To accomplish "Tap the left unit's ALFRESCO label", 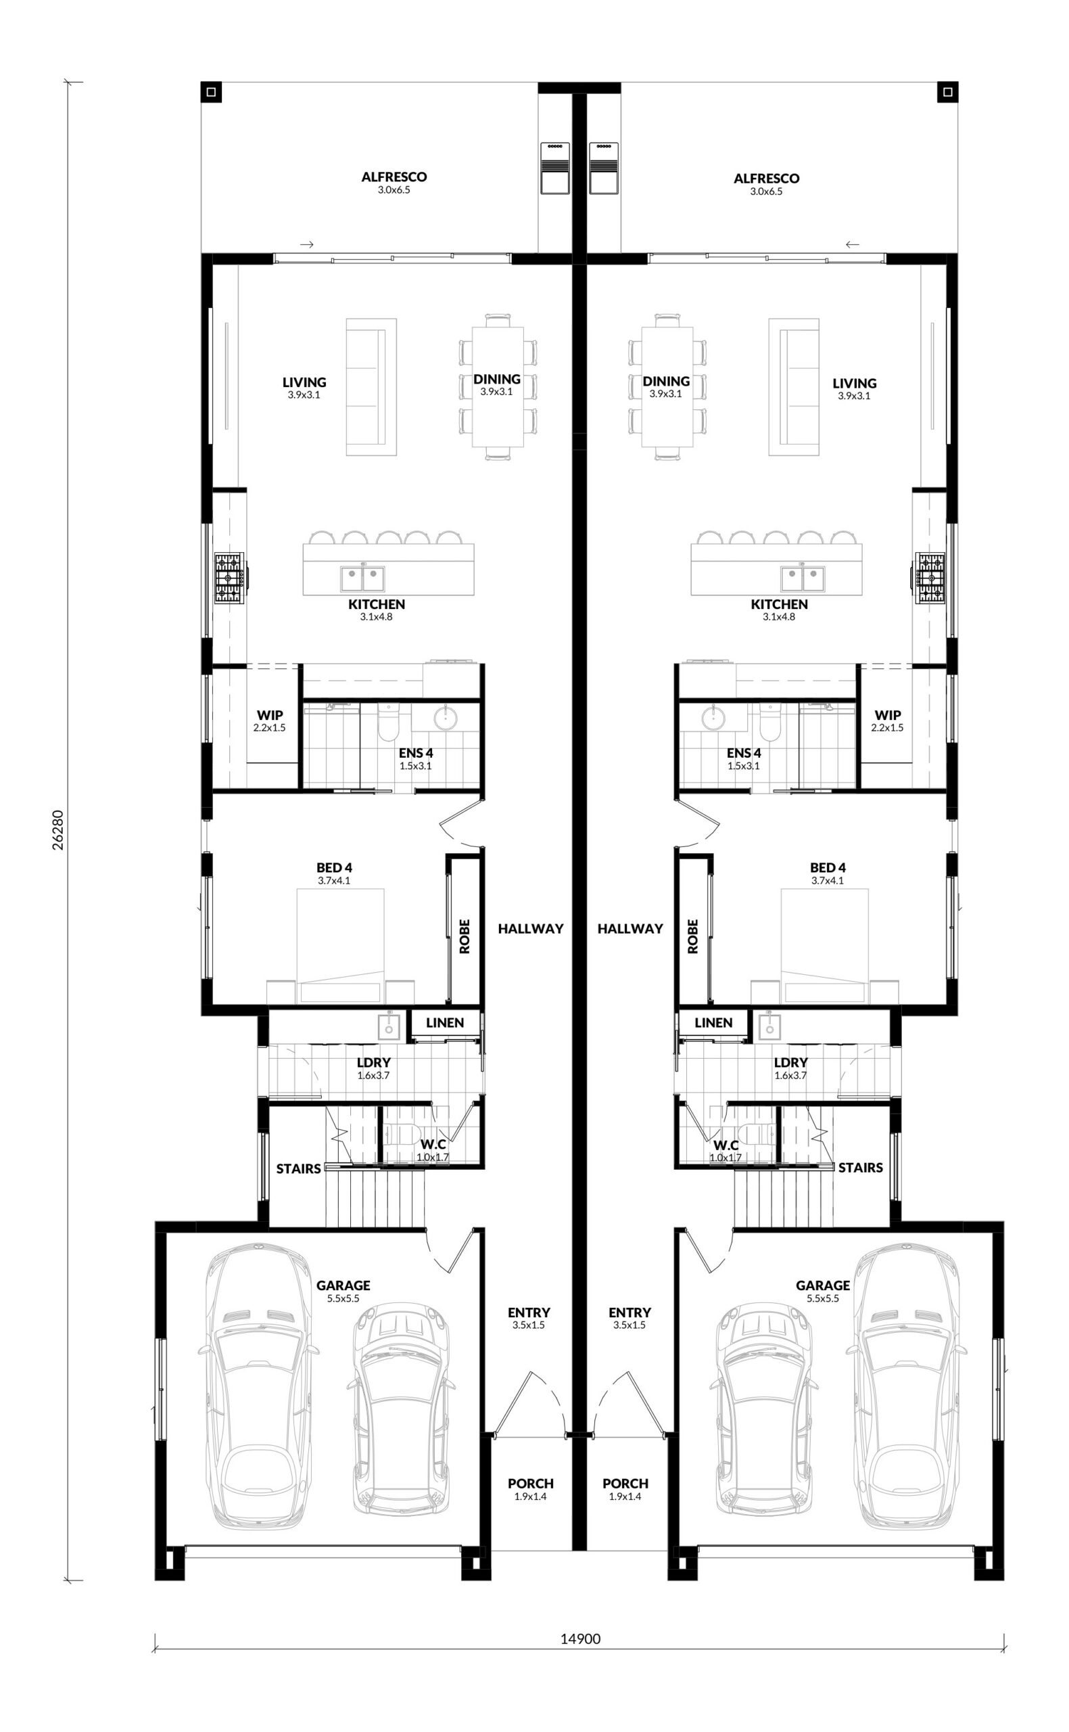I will point(394,177).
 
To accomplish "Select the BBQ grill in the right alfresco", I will point(603,167).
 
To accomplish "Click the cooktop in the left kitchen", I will point(230,578).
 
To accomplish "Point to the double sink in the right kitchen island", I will point(803,579).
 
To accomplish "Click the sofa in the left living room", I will point(371,387).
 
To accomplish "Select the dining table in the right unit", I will point(666,387).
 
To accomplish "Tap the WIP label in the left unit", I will point(269,715).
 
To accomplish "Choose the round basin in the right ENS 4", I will point(714,719).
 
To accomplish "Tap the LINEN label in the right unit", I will point(713,1023).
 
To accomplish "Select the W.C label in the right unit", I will point(726,1145).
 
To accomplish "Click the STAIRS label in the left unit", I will point(298,1169).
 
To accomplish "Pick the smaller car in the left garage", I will point(402,1409).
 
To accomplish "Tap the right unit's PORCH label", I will point(625,1483).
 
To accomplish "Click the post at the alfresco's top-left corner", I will point(212,92).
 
